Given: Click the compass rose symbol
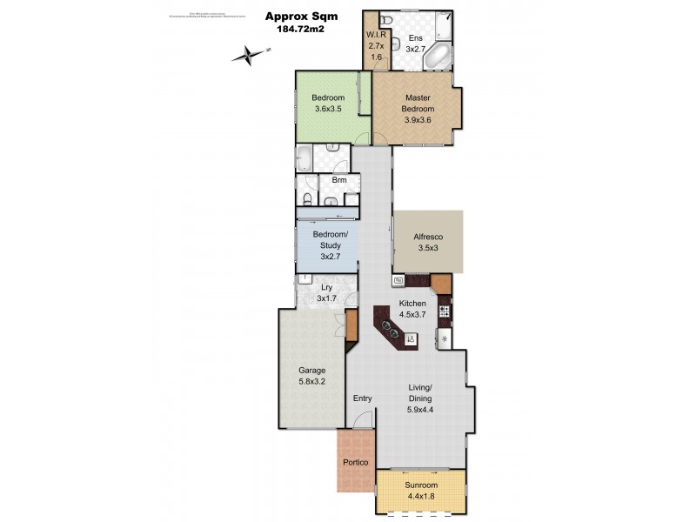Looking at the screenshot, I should (249, 55).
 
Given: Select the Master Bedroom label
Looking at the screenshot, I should (417, 104).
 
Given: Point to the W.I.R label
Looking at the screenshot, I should (376, 34).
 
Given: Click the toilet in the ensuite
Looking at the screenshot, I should (389, 21).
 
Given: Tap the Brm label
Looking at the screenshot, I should (339, 181).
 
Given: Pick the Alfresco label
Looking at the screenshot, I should (427, 237).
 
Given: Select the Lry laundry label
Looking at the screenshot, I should (326, 287).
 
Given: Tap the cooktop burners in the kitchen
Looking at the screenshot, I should (444, 311).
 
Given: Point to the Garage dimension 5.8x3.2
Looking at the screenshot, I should (312, 381).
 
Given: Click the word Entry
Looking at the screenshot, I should (362, 398).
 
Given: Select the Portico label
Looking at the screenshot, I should (356, 463).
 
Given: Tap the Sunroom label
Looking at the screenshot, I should (421, 485).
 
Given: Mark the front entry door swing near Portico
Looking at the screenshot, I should (365, 419).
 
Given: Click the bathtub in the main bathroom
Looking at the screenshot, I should (307, 158).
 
